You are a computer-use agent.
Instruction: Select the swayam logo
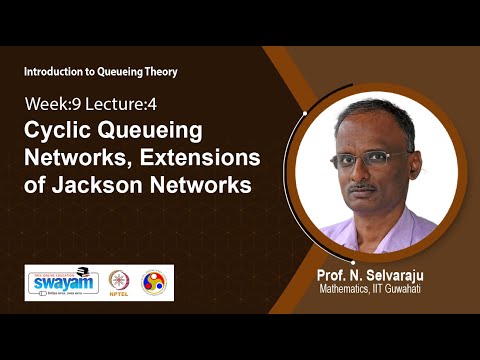coord(60,282)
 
